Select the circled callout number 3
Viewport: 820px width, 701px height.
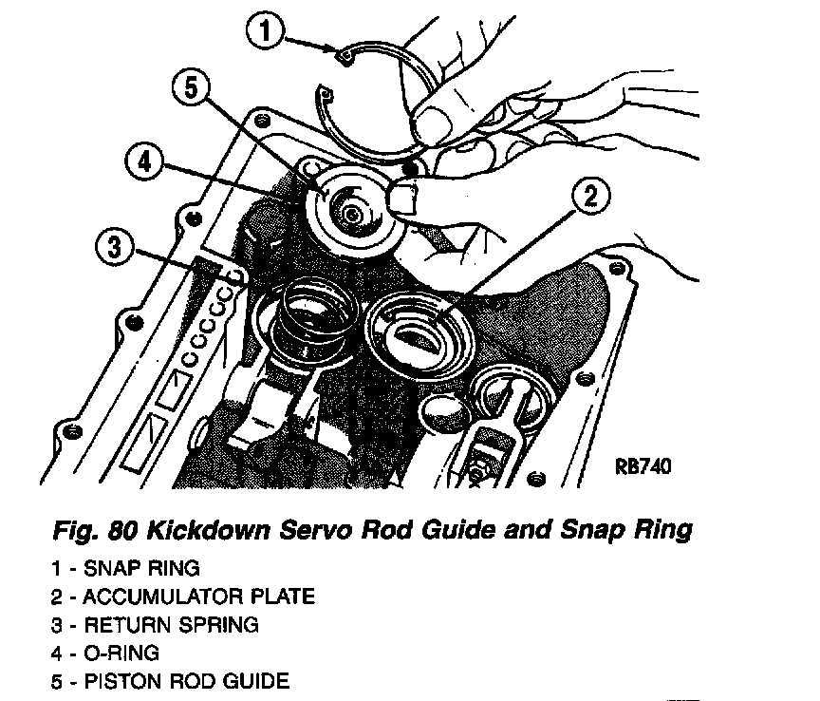(114, 250)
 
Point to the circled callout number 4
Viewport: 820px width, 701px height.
(143, 161)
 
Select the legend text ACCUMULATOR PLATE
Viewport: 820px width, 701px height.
(198, 597)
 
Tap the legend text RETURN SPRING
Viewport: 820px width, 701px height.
(171, 625)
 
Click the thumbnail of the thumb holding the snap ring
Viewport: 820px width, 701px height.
(435, 122)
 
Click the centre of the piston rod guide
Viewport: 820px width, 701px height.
(352, 215)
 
